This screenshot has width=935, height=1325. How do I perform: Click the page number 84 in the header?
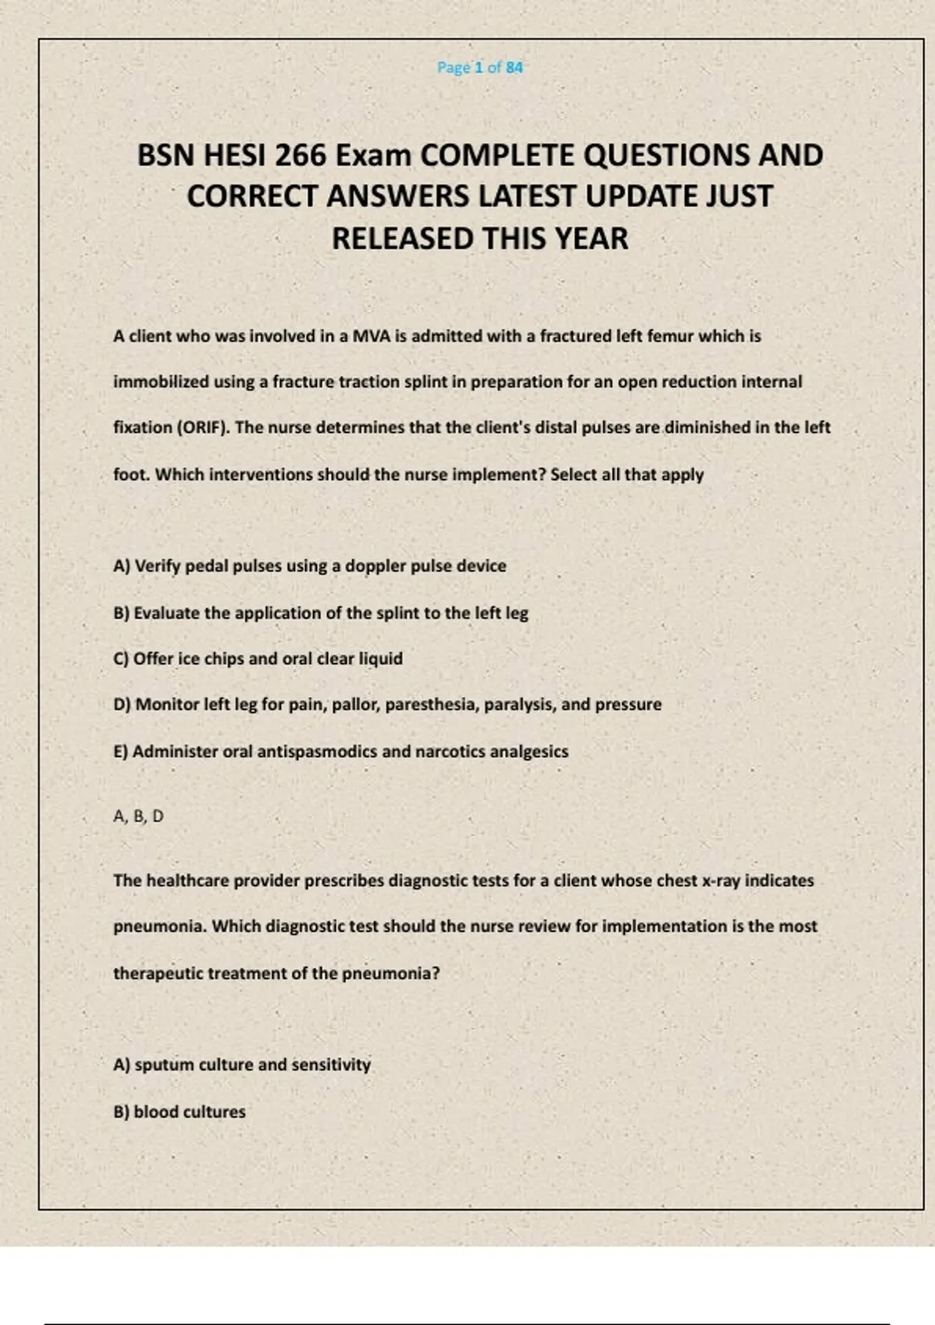pos(514,68)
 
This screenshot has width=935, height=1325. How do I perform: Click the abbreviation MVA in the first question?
pos(373,337)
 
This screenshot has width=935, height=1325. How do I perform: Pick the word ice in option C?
pos(189,659)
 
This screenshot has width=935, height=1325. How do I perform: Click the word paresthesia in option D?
pos(431,705)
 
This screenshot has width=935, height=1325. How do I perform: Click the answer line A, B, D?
pos(139,816)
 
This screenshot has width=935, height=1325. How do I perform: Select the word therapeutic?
pos(158,973)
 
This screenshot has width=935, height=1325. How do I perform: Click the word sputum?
pos(164,1065)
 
